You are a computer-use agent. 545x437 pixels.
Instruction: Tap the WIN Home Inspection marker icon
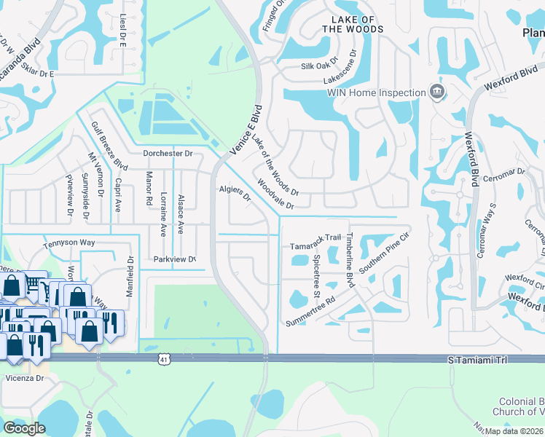[x=437, y=92]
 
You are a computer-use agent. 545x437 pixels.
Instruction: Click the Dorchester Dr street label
[x=167, y=154]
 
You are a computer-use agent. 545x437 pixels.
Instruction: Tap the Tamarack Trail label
[x=315, y=237]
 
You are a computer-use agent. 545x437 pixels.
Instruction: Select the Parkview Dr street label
[x=175, y=259]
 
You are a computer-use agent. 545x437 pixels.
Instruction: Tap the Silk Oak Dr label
[x=321, y=66]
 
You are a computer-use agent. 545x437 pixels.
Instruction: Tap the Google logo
[x=24, y=428]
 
